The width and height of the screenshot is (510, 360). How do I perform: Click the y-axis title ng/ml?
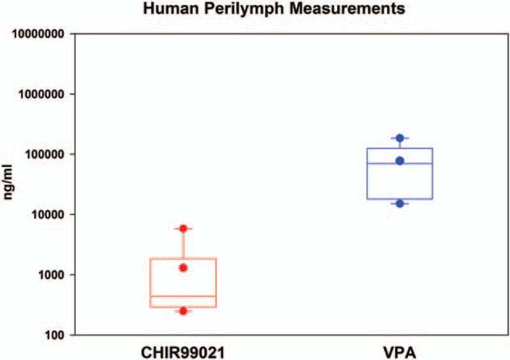(11, 184)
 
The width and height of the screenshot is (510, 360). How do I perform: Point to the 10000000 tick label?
(40, 34)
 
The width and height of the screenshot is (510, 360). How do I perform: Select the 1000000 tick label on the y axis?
(42, 94)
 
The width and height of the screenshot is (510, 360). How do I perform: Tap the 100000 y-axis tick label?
(45, 154)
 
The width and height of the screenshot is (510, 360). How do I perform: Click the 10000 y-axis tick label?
(48, 215)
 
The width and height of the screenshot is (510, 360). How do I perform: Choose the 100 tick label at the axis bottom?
(54, 335)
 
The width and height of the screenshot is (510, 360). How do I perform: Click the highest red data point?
(183, 228)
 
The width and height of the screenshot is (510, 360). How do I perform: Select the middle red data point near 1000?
(183, 268)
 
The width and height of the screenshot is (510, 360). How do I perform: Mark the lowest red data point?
(183, 311)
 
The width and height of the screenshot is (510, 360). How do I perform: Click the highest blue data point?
(400, 138)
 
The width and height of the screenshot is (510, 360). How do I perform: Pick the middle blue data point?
(400, 161)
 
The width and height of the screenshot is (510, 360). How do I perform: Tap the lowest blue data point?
(400, 203)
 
